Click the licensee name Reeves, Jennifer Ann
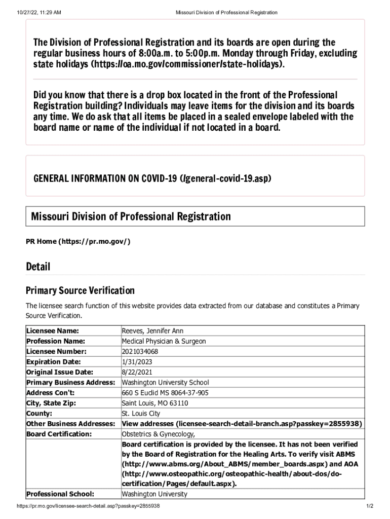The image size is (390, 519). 152,331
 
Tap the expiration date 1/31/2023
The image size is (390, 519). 137,362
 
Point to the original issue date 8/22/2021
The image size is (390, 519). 137,372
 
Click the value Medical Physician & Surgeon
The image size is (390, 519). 164,341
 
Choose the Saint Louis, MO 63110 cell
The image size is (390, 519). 155,403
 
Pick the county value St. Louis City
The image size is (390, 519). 141,413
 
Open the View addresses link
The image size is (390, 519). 242,424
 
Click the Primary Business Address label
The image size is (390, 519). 70,382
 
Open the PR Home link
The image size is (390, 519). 78,241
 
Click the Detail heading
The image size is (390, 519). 38,267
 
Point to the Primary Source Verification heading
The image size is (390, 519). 80,290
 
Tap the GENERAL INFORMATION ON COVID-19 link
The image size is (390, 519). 152,178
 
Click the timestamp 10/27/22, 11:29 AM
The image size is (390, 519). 37,12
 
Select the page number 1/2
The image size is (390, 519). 369,506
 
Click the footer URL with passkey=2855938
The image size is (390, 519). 89,506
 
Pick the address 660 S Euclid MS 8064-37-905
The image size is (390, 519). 165,393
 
